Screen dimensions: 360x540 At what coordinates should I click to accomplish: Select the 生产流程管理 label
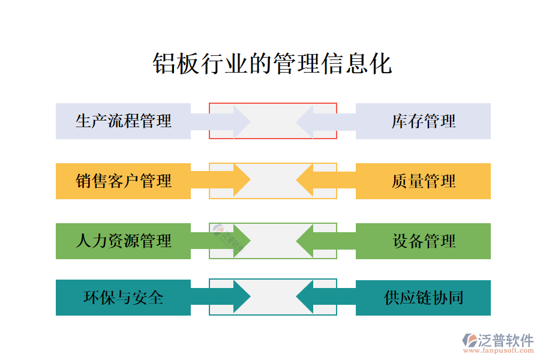pyautogui.click(x=124, y=121)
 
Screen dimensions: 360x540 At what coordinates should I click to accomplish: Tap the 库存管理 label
pyautogui.click(x=424, y=121)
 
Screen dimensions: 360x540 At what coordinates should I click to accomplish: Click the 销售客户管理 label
pyautogui.click(x=124, y=181)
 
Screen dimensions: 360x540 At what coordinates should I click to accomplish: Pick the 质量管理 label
pyautogui.click(x=424, y=181)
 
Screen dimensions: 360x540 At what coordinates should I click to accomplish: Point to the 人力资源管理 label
pyautogui.click(x=124, y=241)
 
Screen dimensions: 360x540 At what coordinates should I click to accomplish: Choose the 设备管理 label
pyautogui.click(x=424, y=241)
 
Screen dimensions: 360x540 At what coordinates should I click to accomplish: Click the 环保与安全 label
pyautogui.click(x=124, y=297)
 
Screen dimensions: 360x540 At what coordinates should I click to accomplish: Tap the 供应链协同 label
pyautogui.click(x=424, y=297)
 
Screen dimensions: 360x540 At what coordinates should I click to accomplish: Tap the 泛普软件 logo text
pyautogui.click(x=505, y=340)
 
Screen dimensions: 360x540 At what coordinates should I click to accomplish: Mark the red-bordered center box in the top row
pyautogui.click(x=273, y=121)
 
